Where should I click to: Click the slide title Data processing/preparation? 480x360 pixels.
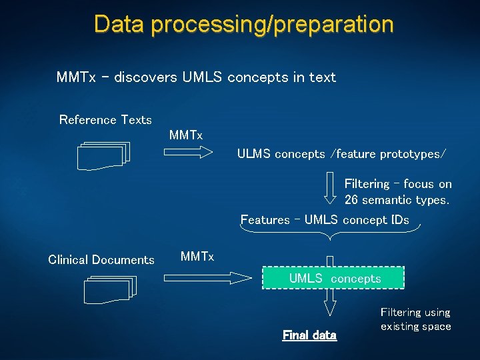[x=243, y=24]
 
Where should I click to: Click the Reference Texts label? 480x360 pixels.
[x=105, y=120]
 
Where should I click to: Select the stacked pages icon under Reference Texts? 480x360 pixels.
[x=103, y=155]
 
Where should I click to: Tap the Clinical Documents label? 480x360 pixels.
[x=101, y=260]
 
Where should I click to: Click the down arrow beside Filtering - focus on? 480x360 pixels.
[x=330, y=187]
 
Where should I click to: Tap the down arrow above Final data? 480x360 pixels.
[x=329, y=303]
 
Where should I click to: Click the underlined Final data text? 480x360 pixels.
[x=310, y=335]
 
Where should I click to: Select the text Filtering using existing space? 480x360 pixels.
[x=415, y=319]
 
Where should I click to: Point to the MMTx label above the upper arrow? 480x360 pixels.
[x=186, y=135]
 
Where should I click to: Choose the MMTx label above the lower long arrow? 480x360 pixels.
[x=197, y=257]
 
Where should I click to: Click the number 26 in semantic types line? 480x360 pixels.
[x=351, y=199]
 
